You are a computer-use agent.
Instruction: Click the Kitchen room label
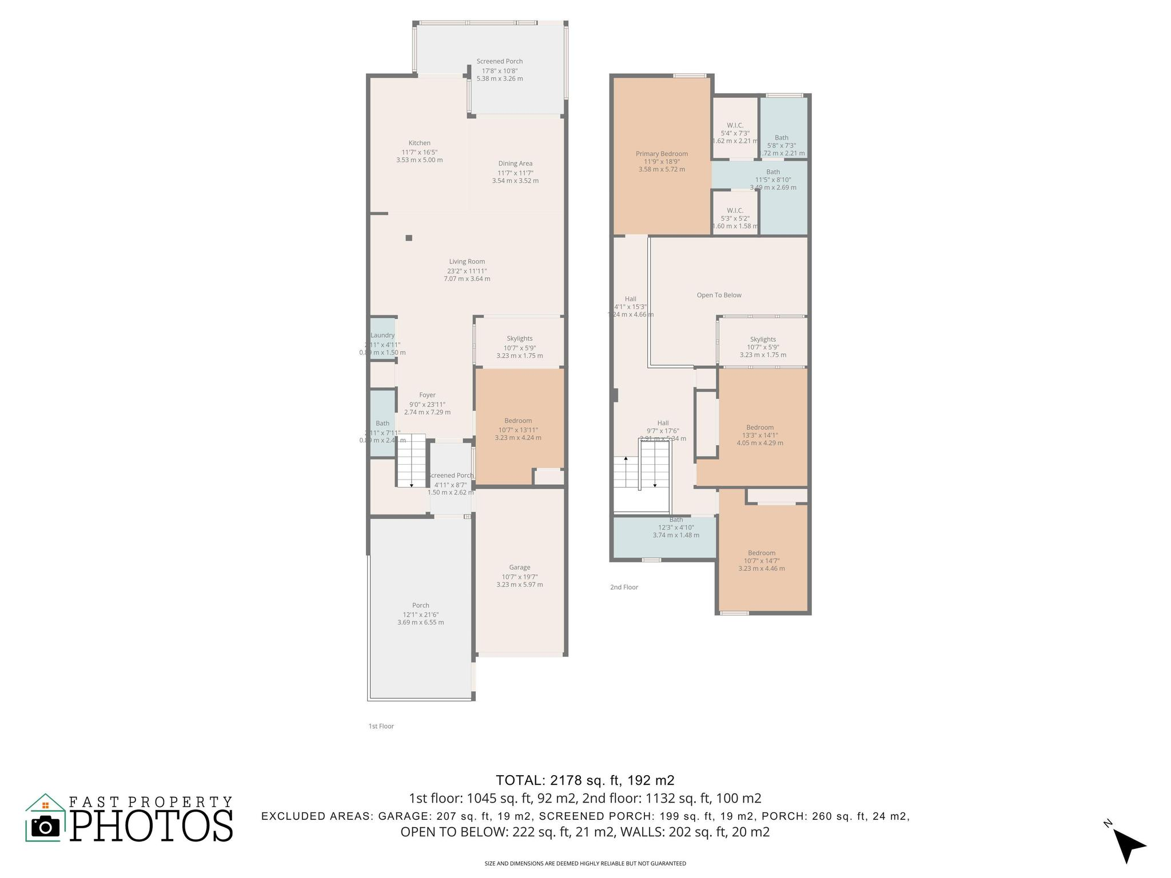[x=419, y=143]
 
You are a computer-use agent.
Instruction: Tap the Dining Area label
[x=515, y=163]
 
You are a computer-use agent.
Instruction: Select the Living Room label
[x=467, y=262]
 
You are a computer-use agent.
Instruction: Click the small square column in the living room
[x=409, y=238]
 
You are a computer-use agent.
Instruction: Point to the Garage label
[x=520, y=568]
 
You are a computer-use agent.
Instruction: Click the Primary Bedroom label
[x=662, y=154]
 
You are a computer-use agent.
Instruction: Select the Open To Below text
[x=719, y=295]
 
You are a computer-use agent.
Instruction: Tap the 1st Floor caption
[x=381, y=726]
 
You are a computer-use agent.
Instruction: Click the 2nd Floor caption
[x=624, y=587]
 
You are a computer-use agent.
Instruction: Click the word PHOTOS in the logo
[x=152, y=825]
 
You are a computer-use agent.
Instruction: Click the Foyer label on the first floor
[x=427, y=395]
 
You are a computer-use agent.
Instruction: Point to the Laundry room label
[x=383, y=336]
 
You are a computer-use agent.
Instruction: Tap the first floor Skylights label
[x=519, y=338]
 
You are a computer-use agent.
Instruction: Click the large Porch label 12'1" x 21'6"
[x=420, y=605]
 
